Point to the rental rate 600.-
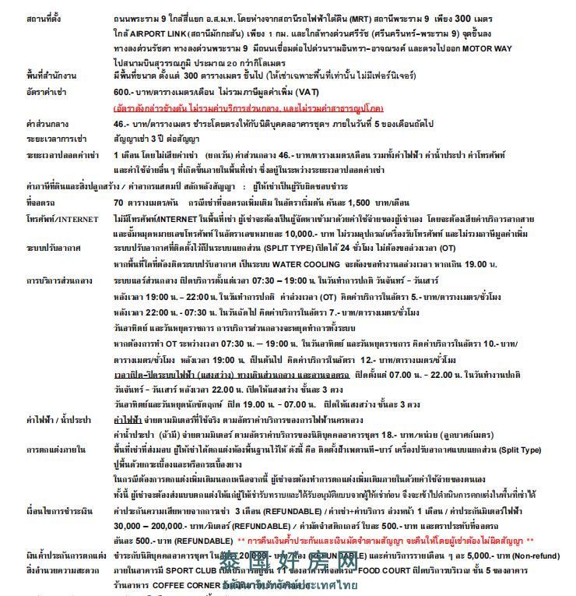pos(123,91)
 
